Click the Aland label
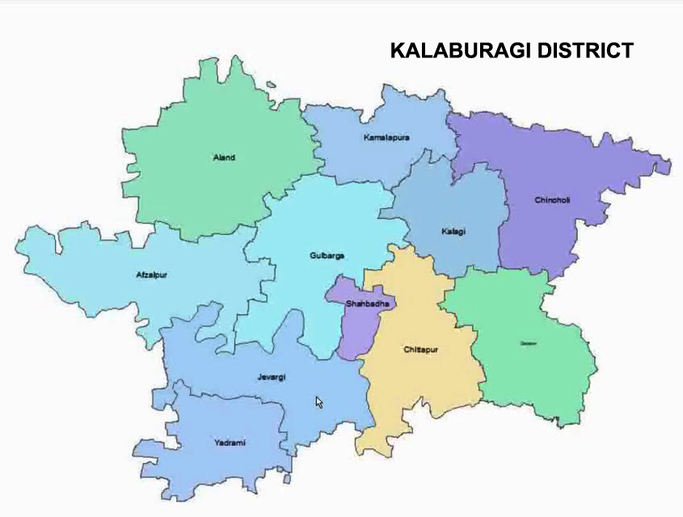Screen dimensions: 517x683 [224, 158]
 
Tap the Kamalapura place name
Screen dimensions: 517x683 [386, 137]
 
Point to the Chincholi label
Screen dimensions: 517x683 [552, 200]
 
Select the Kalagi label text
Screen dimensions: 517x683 [454, 232]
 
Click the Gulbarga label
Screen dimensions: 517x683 [327, 256]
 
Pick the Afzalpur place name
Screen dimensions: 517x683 [151, 275]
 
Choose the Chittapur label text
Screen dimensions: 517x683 [420, 350]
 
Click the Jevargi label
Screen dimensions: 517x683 [272, 376]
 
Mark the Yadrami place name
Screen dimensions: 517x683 [230, 443]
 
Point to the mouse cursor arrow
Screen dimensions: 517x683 [318, 401]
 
